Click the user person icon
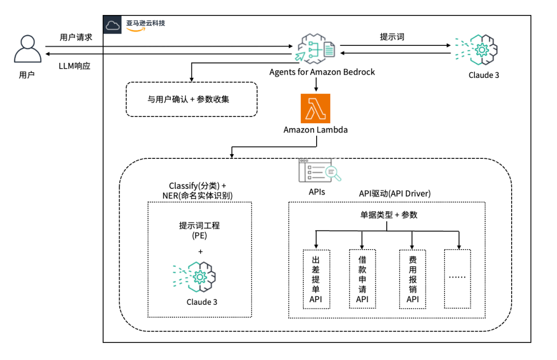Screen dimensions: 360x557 [27, 50]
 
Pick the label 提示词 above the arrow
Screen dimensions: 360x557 [392, 37]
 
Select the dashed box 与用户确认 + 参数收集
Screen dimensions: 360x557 [191, 99]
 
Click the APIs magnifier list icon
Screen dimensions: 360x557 [320, 171]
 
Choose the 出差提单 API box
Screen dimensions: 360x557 [316, 279]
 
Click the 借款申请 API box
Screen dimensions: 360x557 [363, 279]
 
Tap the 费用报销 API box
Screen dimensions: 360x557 [413, 279]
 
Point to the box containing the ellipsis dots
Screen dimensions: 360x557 [457, 279]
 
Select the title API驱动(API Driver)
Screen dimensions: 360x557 [395, 193]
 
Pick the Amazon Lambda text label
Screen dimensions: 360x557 [315, 130]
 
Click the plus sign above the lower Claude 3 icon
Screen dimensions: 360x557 [200, 252]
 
